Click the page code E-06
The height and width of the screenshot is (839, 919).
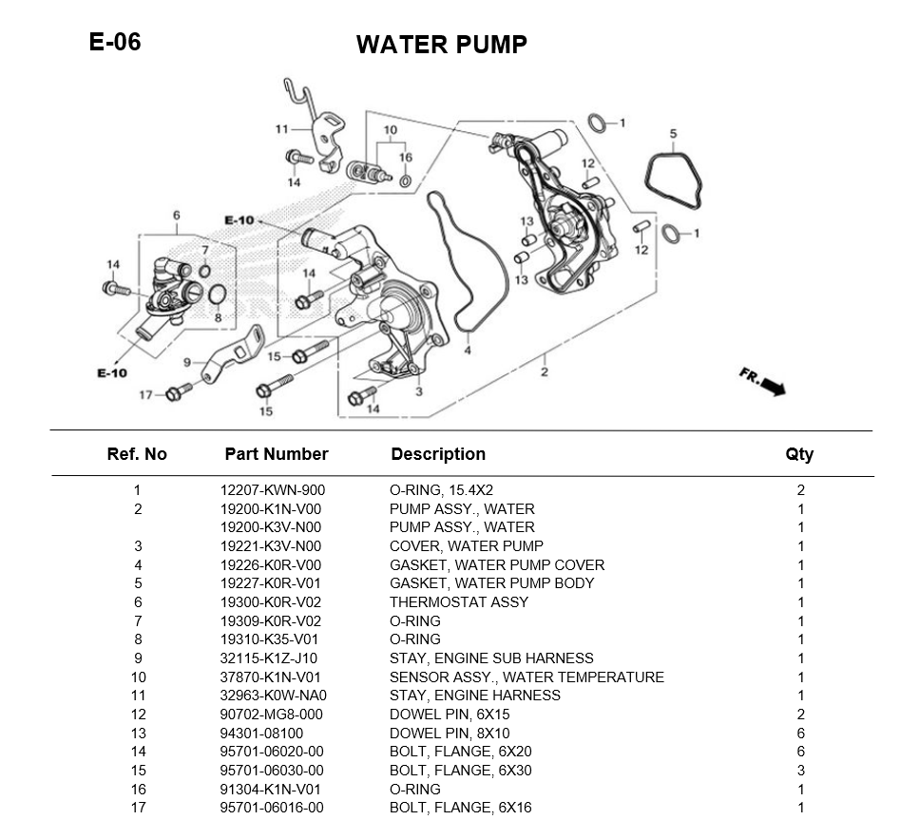coord(114,42)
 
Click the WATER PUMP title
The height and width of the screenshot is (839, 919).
coord(441,45)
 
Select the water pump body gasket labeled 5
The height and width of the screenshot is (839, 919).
coord(674,182)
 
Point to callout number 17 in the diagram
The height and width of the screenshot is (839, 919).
coord(145,395)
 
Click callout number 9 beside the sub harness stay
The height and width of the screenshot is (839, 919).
coord(187,362)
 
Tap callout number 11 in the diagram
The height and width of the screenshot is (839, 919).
coord(281,129)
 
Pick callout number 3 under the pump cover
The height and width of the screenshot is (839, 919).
coord(419,391)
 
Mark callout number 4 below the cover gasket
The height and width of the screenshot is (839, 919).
coord(468,351)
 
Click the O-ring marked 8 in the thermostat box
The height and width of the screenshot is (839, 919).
coord(216,294)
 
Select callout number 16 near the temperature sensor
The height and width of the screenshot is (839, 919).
coord(406,158)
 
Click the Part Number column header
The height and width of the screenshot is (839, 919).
coord(276,454)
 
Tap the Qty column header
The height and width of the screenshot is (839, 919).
coord(799,454)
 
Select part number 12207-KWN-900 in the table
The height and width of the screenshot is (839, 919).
coord(273,490)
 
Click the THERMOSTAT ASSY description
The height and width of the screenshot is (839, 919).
coord(458,602)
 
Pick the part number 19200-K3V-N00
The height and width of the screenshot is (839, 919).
coord(271,527)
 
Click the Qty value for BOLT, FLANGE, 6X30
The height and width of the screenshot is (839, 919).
coord(800,771)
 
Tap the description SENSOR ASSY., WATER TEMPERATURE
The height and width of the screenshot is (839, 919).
coord(527,677)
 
